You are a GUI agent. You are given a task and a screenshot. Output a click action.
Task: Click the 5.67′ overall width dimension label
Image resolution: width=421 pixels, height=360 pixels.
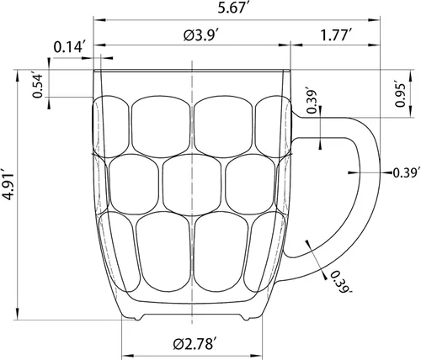pos(232,8)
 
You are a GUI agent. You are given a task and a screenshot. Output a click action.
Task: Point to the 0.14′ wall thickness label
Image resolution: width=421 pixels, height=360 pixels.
pos(69,48)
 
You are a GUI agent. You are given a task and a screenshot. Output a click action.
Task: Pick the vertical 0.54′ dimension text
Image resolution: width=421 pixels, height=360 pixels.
pos(37,87)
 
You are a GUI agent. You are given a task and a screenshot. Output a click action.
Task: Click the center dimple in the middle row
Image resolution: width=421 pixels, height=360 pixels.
pos(191,183)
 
